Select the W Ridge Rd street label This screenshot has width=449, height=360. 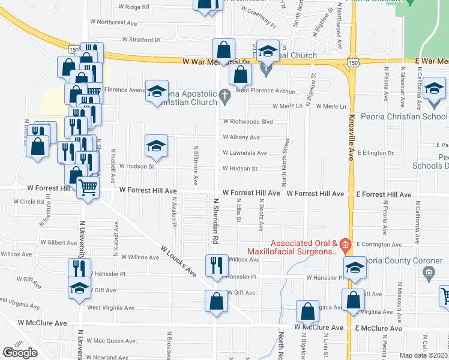pyautogui.click(x=133, y=7)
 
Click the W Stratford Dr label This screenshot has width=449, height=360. pyautogui.click(x=141, y=40)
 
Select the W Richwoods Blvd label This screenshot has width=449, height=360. pyautogui.click(x=248, y=121)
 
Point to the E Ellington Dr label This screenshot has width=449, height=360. pyautogui.click(x=375, y=153)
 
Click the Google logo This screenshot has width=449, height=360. pyautogui.click(x=19, y=353)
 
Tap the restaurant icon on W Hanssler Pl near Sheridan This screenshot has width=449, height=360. pyautogui.click(x=216, y=265)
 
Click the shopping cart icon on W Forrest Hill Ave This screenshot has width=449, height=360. pyautogui.click(x=88, y=187)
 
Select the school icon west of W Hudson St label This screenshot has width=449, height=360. pyautogui.click(x=156, y=146)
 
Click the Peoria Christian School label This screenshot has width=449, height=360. pyautogui.click(x=409, y=116)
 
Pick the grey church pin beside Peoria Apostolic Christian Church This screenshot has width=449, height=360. pyautogui.click(x=224, y=94)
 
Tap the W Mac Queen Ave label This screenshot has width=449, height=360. pyautogui.click(x=114, y=341)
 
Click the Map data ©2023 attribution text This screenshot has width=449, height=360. pyautogui.click(x=424, y=355)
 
